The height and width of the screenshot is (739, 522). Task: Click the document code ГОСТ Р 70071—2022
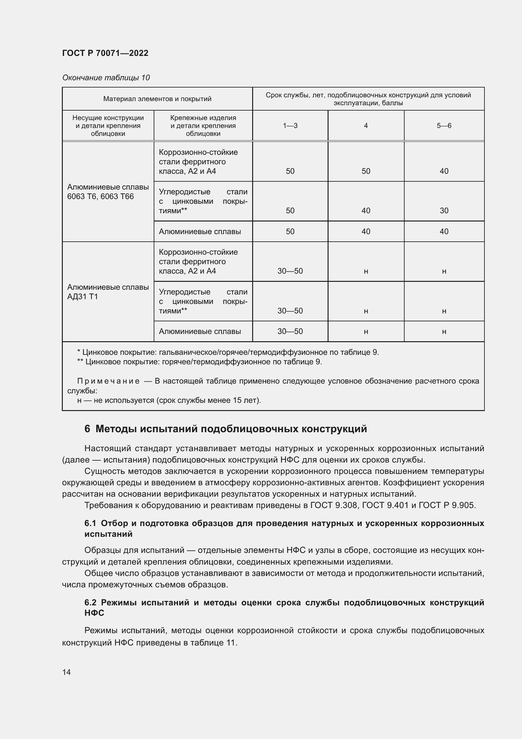click(105, 53)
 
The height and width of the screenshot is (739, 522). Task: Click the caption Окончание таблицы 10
click(106, 78)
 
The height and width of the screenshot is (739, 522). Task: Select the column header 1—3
click(290, 125)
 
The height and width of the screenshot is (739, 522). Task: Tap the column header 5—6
click(444, 125)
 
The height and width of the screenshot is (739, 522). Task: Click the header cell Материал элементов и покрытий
click(157, 99)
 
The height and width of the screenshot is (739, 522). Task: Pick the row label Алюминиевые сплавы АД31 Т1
click(108, 292)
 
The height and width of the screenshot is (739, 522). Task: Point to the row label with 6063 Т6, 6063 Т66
click(100, 196)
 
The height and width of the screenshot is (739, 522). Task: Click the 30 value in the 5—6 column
click(444, 210)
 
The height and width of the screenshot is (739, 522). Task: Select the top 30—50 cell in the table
click(290, 271)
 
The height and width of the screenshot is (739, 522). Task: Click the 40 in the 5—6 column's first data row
click(444, 171)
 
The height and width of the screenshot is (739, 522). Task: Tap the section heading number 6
click(87, 429)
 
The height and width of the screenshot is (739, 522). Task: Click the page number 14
click(67, 672)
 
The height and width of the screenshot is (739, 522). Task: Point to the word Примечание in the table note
click(108, 381)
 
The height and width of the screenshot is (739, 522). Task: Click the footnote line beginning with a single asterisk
click(228, 352)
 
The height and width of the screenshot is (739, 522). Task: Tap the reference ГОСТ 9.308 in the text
click(334, 505)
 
